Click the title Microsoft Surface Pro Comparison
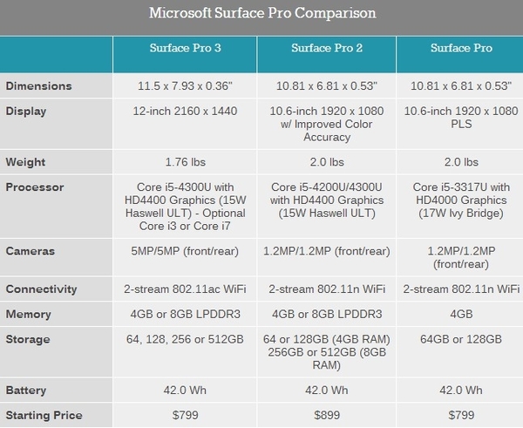click(262, 14)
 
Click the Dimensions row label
click(39, 87)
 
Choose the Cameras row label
click(31, 251)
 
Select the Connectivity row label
click(41, 289)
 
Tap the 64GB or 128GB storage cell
click(459, 338)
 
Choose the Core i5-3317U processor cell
click(459, 200)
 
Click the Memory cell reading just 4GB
click(459, 314)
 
